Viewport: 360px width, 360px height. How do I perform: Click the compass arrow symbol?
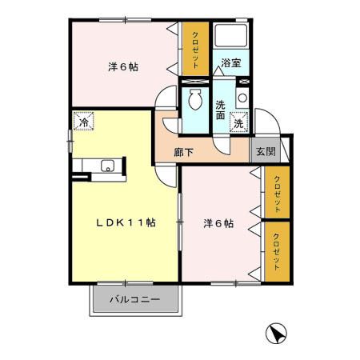[x=274, y=331]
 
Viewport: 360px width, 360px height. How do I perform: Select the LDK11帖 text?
[x=126, y=222]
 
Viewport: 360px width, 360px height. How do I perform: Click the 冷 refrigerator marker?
[x=83, y=122]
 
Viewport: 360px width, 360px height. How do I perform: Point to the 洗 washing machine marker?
[x=238, y=122]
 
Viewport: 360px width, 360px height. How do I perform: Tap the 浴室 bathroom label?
[x=231, y=62]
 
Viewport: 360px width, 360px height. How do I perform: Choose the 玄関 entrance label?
[x=265, y=150]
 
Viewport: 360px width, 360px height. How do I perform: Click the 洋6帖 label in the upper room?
[x=123, y=67]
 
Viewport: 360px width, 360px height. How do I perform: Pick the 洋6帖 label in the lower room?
[x=218, y=224]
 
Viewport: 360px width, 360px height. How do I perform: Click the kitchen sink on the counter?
[x=107, y=166]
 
